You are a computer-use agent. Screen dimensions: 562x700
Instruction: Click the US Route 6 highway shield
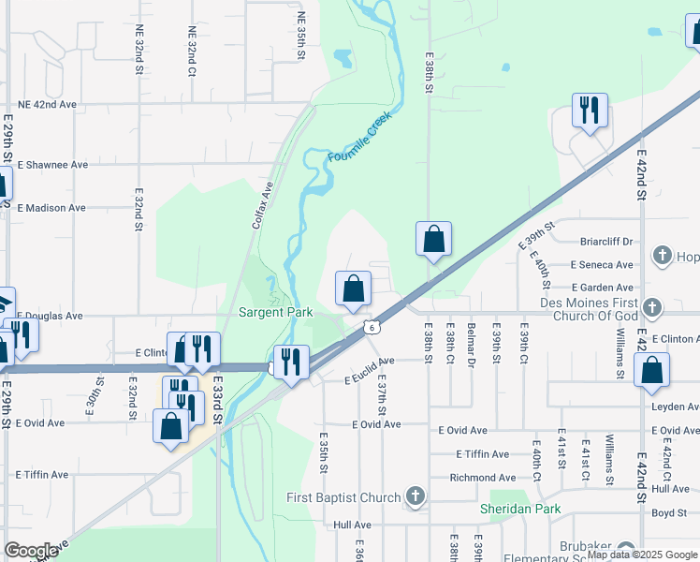372,327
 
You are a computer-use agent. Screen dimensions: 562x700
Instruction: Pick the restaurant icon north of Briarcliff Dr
590,111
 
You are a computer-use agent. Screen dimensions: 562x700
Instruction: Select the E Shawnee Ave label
52,165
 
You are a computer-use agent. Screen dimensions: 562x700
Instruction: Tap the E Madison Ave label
51,208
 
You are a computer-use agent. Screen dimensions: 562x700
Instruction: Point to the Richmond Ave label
482,478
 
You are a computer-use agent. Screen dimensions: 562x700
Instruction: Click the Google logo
32,550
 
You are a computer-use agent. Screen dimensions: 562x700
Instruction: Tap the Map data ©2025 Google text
640,555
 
